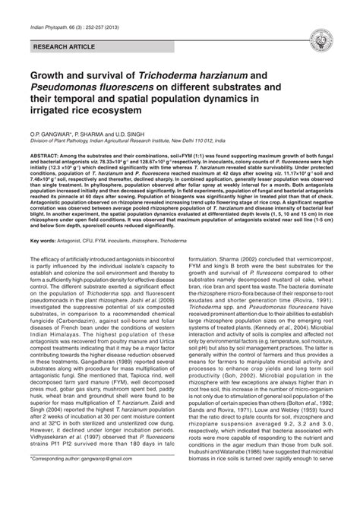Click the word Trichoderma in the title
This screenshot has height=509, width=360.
(x=175, y=77)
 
